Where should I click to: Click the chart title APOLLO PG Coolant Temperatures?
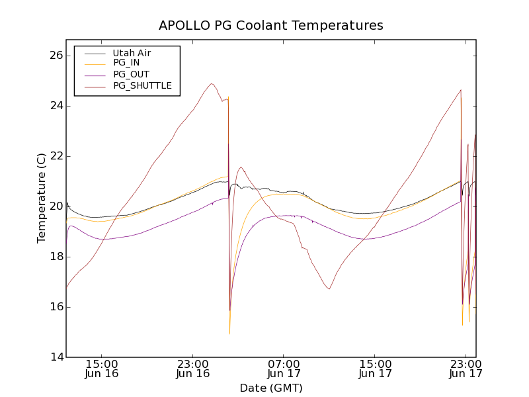click(x=270, y=26)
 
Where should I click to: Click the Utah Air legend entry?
click(x=132, y=53)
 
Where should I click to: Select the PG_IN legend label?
click(x=126, y=63)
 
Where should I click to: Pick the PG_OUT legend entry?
click(x=131, y=74)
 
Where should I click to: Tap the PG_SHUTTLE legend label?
click(x=142, y=85)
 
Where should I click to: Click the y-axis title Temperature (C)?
click(x=42, y=198)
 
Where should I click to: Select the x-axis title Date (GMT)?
click(x=270, y=388)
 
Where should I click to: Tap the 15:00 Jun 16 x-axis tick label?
click(x=102, y=369)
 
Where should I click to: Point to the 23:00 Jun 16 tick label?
click(x=193, y=369)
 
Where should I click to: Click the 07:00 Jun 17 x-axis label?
click(x=284, y=369)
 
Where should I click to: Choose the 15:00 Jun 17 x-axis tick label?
click(x=375, y=369)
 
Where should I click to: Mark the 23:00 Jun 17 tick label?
click(x=466, y=369)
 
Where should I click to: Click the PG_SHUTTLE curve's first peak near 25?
click(x=212, y=84)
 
